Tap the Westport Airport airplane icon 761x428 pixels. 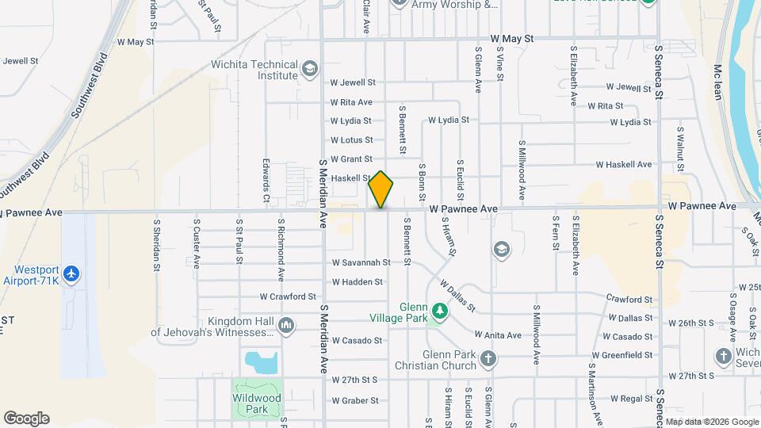click(x=73, y=273)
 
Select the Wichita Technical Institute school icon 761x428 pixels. click(x=309, y=71)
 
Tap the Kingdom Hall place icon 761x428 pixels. click(x=286, y=326)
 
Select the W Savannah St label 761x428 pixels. click(x=361, y=262)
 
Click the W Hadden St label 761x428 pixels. click(x=357, y=281)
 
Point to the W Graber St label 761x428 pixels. click(x=354, y=401)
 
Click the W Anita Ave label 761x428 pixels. click(x=498, y=335)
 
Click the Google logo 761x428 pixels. click(x=26, y=418)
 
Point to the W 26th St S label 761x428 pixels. click(x=692, y=323)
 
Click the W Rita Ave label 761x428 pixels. click(x=351, y=102)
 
